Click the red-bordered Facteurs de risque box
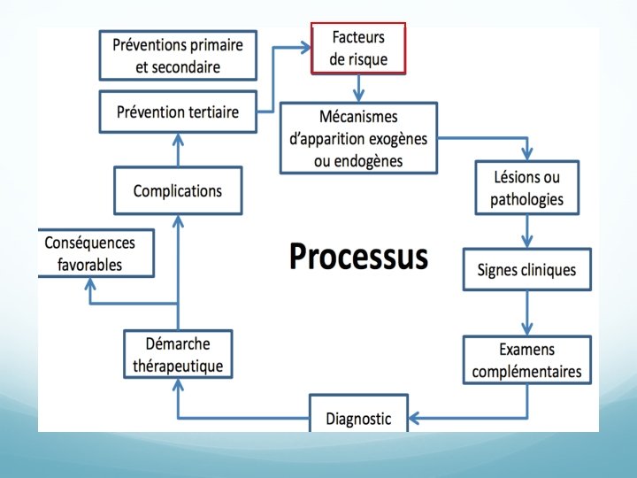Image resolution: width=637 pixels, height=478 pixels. click(x=358, y=49)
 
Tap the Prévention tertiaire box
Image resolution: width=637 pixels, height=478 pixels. click(x=176, y=112)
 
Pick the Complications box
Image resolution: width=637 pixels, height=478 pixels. click(x=177, y=190)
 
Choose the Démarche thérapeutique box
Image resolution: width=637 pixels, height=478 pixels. click(x=178, y=354)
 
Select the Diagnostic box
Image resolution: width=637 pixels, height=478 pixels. click(x=358, y=418)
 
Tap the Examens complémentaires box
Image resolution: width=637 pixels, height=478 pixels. click(x=526, y=359)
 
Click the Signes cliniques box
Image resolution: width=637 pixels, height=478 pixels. click(x=526, y=270)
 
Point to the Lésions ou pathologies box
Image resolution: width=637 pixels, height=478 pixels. click(x=526, y=188)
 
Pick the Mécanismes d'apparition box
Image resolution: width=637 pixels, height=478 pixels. click(x=358, y=138)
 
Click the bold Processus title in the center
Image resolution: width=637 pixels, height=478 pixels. click(x=358, y=257)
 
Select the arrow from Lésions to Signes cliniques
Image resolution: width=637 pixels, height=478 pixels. click(x=526, y=232)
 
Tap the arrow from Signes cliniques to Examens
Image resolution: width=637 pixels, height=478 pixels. click(x=526, y=313)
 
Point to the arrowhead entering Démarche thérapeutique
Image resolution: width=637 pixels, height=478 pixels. click(x=178, y=387)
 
